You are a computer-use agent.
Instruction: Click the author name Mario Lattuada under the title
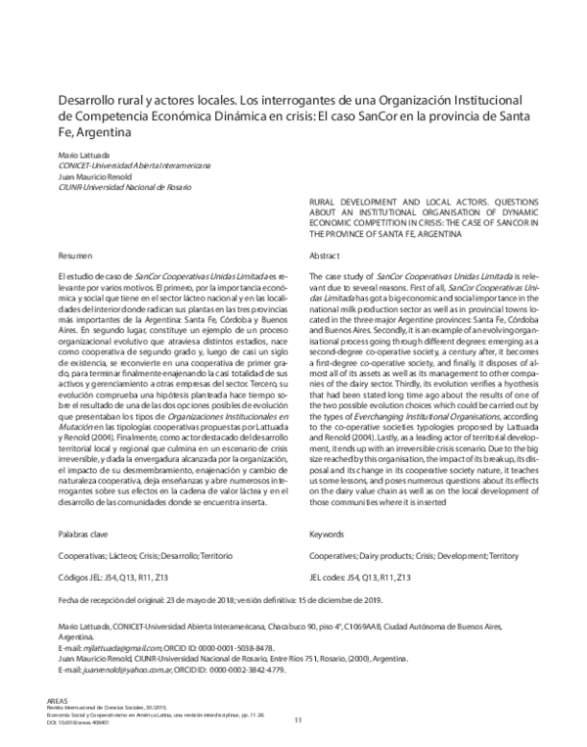(x=82, y=155)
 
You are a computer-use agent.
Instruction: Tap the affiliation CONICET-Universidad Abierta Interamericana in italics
(x=120, y=165)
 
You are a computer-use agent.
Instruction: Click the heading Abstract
(x=324, y=254)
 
